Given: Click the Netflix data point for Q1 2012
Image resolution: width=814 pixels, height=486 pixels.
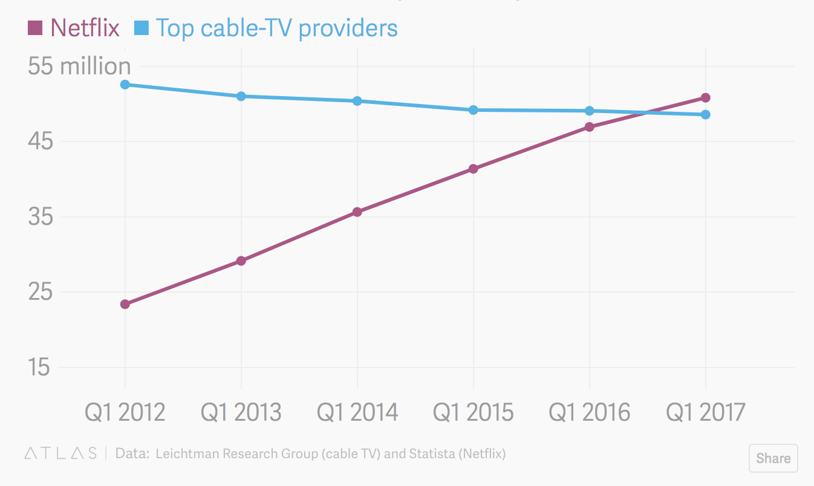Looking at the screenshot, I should click(125, 304).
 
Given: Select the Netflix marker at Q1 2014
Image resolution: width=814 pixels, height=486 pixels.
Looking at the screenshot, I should click(357, 212).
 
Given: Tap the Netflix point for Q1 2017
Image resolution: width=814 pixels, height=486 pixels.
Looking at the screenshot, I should click(705, 98).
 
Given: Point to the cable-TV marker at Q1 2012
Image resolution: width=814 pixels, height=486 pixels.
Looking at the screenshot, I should click(125, 85).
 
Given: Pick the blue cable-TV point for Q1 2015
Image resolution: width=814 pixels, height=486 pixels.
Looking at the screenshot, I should click(474, 110).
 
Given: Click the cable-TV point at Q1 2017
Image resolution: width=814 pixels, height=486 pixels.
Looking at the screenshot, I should click(705, 115).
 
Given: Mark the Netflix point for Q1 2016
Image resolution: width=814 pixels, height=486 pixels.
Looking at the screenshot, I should click(590, 127).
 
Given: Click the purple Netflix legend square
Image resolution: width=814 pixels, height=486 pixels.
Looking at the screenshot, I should click(36, 28).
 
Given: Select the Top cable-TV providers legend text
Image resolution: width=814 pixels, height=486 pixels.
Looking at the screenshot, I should click(276, 28).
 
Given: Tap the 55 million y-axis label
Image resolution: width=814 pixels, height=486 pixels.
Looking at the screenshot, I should click(79, 66).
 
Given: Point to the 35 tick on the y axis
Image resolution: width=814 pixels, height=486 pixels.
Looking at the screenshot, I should click(39, 217).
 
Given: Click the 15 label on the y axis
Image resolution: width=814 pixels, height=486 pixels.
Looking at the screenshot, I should click(39, 368).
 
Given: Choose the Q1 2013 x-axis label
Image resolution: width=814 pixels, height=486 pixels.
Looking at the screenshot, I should click(241, 412).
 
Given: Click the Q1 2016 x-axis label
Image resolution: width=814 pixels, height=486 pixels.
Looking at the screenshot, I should click(590, 412).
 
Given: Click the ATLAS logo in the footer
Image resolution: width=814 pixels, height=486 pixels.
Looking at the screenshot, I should click(60, 453).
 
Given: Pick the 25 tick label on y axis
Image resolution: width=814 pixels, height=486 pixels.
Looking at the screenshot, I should click(39, 292).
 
